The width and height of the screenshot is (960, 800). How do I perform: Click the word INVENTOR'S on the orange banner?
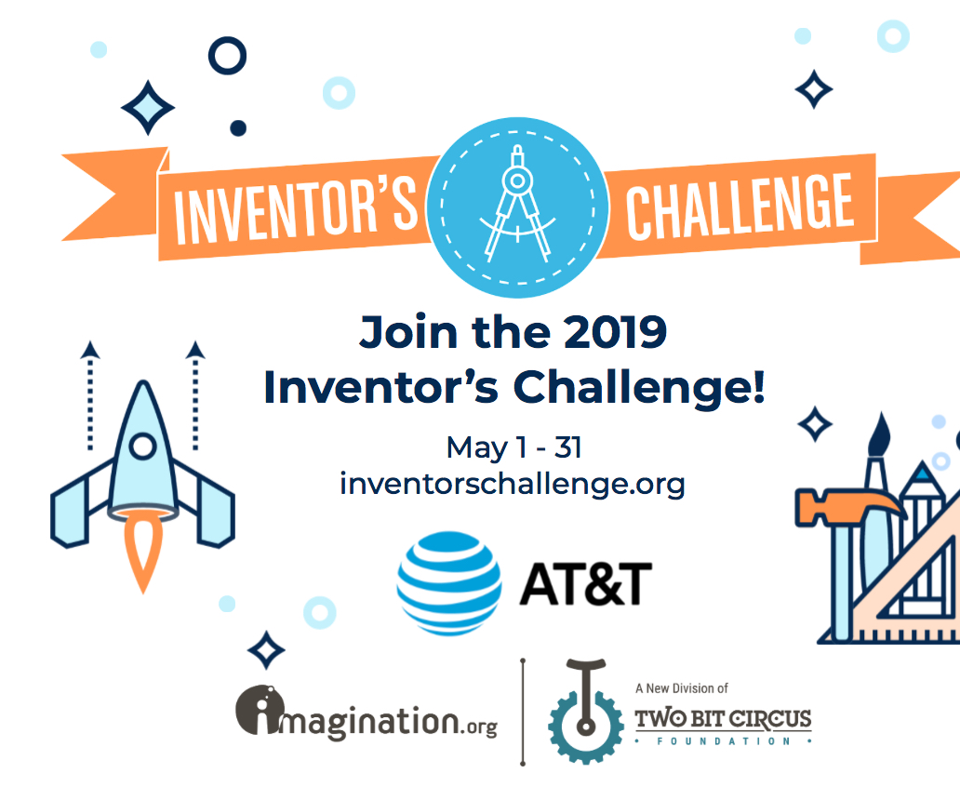[x=296, y=206]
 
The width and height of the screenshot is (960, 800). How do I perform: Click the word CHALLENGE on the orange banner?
[x=740, y=206]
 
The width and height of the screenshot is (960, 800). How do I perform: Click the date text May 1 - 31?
[x=513, y=447]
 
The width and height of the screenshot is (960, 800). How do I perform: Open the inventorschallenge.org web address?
[x=513, y=484]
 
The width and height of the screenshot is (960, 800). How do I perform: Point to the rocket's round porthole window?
[x=142, y=447]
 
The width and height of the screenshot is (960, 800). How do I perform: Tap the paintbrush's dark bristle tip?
[x=880, y=437]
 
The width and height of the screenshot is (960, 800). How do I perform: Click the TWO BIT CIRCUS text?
[x=723, y=719]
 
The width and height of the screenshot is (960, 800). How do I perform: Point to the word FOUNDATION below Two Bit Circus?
[x=723, y=742]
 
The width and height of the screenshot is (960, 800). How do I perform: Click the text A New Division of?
[x=681, y=689]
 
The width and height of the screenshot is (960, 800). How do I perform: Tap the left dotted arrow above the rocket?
[x=89, y=391]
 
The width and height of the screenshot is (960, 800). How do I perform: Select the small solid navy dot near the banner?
[x=238, y=128]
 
